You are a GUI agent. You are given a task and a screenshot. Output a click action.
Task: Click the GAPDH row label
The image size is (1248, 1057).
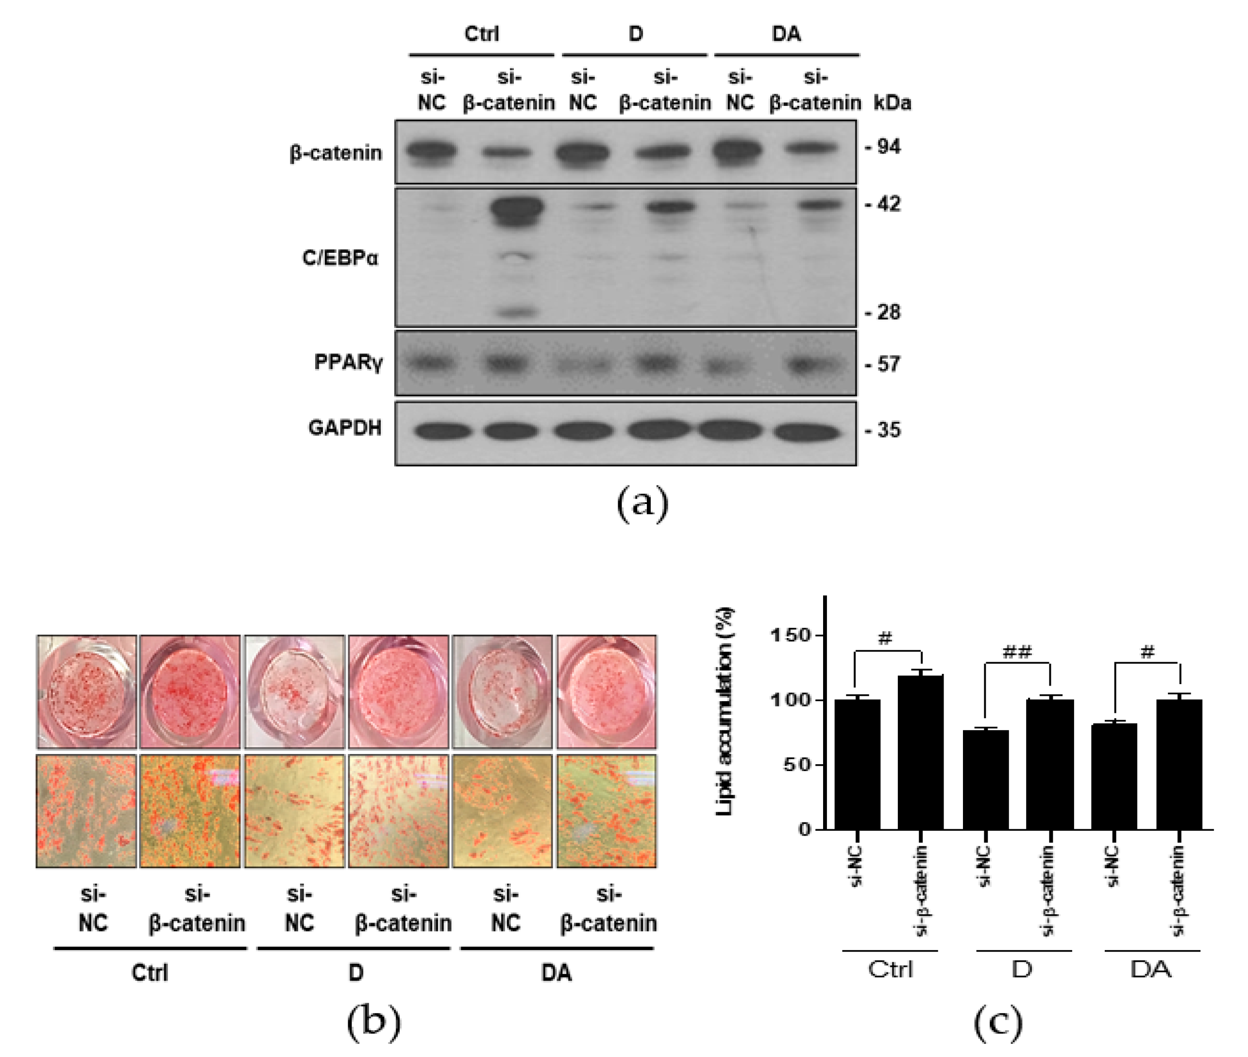(344, 428)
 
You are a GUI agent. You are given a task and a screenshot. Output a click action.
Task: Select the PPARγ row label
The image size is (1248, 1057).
(348, 363)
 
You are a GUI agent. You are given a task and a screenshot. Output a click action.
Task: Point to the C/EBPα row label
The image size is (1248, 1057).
(340, 258)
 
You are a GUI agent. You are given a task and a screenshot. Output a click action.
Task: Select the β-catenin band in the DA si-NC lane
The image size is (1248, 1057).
(737, 151)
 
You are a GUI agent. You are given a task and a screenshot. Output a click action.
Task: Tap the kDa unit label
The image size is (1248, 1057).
(892, 103)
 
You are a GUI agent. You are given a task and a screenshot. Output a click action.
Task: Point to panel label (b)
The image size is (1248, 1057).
(373, 1021)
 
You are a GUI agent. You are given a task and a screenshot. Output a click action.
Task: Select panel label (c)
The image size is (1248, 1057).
(997, 1021)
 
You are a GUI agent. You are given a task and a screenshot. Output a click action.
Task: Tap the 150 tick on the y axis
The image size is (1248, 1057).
(789, 635)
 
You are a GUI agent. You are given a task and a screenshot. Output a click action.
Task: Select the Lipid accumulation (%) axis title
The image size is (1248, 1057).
(725, 711)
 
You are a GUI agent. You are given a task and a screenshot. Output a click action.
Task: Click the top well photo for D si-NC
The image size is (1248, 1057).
(295, 691)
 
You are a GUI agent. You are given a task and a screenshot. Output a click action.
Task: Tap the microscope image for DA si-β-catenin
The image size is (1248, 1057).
(607, 811)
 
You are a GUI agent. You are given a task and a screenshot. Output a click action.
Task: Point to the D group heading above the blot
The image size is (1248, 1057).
(636, 34)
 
